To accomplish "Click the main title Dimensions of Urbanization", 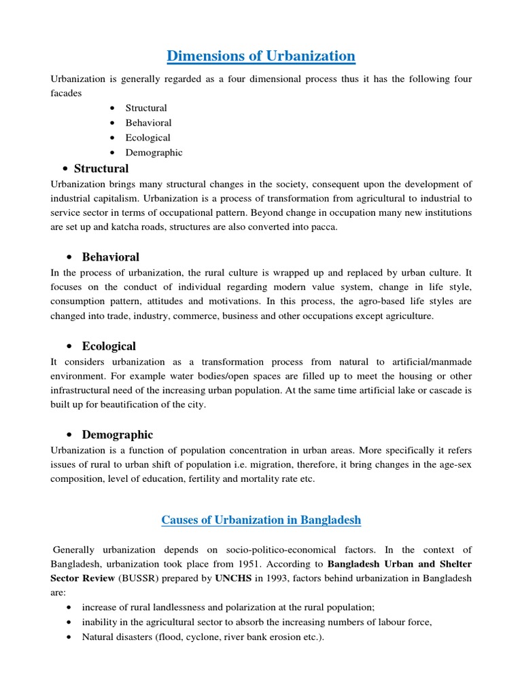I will (261, 56).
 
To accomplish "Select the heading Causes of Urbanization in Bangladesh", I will (261, 520).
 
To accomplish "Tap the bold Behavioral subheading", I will (110, 257).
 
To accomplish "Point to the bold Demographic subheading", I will (117, 435).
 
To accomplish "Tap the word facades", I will (66, 93).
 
